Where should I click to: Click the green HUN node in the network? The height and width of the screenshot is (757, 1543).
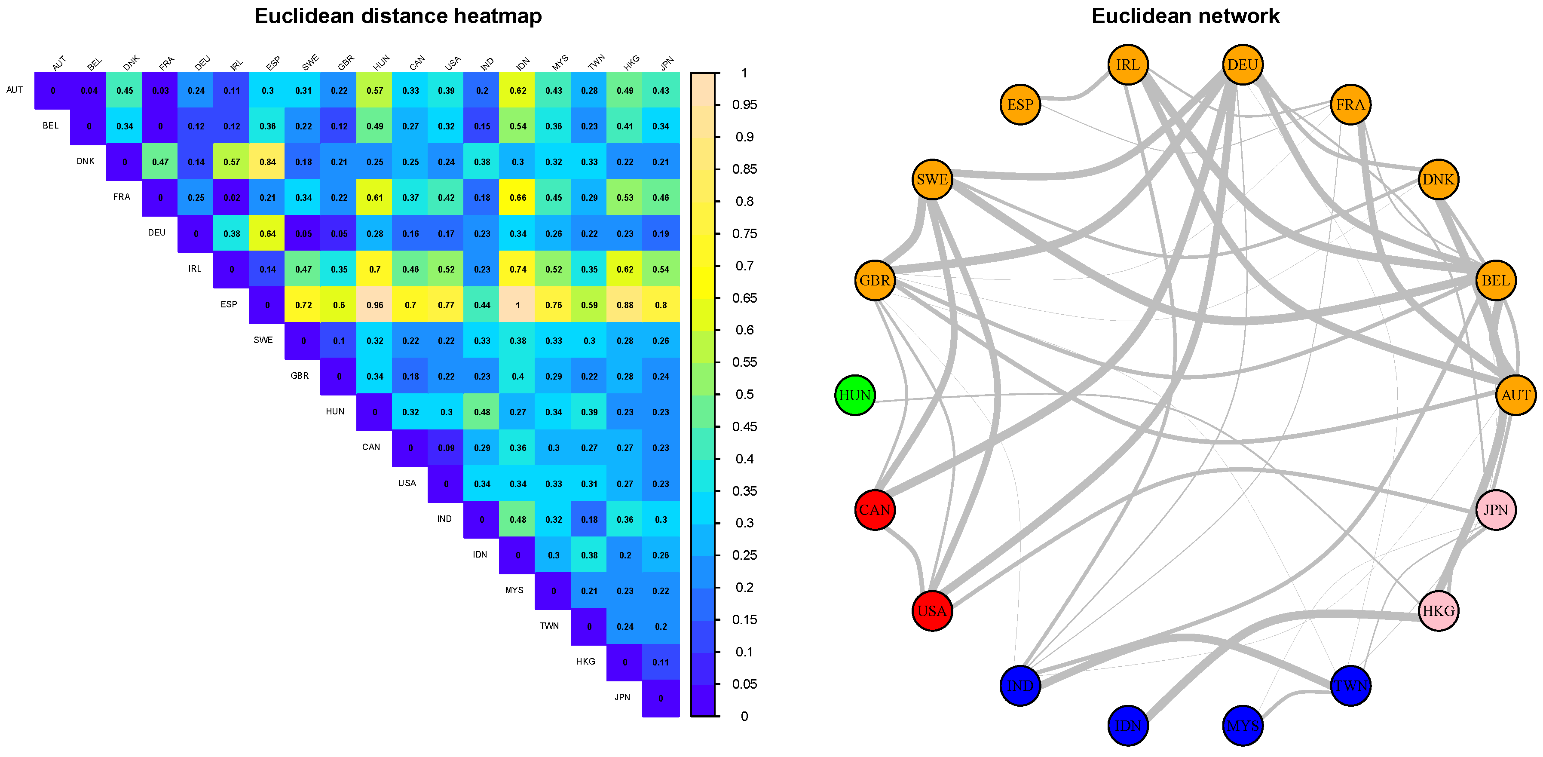click(855, 395)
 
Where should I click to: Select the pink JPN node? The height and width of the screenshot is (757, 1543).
click(1496, 510)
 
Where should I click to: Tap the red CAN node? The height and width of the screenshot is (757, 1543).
click(875, 510)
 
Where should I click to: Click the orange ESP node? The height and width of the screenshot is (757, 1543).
click(1020, 105)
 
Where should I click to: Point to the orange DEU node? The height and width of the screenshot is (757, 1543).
click(1242, 64)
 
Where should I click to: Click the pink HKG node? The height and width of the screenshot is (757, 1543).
click(1438, 611)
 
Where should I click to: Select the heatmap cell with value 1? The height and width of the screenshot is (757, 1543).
click(517, 305)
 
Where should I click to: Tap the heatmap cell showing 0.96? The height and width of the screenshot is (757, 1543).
click(375, 305)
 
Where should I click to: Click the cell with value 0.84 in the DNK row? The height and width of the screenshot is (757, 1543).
click(268, 162)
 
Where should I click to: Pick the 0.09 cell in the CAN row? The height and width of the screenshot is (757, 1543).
click(446, 447)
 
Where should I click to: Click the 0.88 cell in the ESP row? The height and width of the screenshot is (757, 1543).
click(625, 305)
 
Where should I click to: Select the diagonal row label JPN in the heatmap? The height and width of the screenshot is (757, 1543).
click(622, 697)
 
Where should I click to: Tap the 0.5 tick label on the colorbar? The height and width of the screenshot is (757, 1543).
click(744, 394)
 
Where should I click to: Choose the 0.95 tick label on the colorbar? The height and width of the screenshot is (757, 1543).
click(744, 105)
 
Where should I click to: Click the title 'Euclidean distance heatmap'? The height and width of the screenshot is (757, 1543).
click(398, 16)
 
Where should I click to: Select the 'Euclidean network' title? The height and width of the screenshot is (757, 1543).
click(1185, 16)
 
